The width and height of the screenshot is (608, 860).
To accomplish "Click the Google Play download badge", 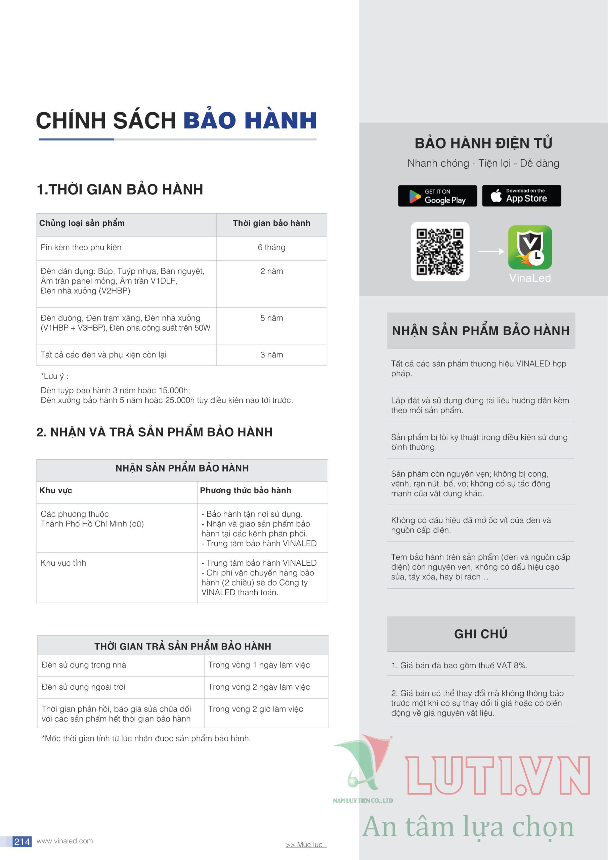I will click(x=437, y=196).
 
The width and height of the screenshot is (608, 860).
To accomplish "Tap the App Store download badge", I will click(x=521, y=196).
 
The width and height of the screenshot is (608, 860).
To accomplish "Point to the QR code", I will click(x=440, y=252).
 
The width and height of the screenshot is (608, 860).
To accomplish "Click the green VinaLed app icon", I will click(x=530, y=247).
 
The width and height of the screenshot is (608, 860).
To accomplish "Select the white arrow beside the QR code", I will click(x=490, y=251).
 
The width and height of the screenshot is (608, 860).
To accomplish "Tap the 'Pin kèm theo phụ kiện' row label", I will click(x=81, y=248).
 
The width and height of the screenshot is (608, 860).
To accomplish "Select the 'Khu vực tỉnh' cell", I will click(x=63, y=563).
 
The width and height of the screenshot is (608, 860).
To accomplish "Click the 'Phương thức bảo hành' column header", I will click(x=245, y=490).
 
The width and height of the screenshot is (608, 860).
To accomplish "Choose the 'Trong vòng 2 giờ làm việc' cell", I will click(x=256, y=709).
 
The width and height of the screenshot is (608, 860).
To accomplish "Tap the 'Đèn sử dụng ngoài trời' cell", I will click(x=83, y=687).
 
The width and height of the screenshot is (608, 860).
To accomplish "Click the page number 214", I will click(x=22, y=842).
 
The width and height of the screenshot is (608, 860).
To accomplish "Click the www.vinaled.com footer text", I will click(x=64, y=841).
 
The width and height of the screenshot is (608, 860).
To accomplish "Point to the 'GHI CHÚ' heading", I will click(x=481, y=634).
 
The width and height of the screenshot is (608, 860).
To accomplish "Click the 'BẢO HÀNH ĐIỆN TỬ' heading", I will click(x=483, y=143).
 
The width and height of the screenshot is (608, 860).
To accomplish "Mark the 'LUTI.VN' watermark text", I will click(x=497, y=775).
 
